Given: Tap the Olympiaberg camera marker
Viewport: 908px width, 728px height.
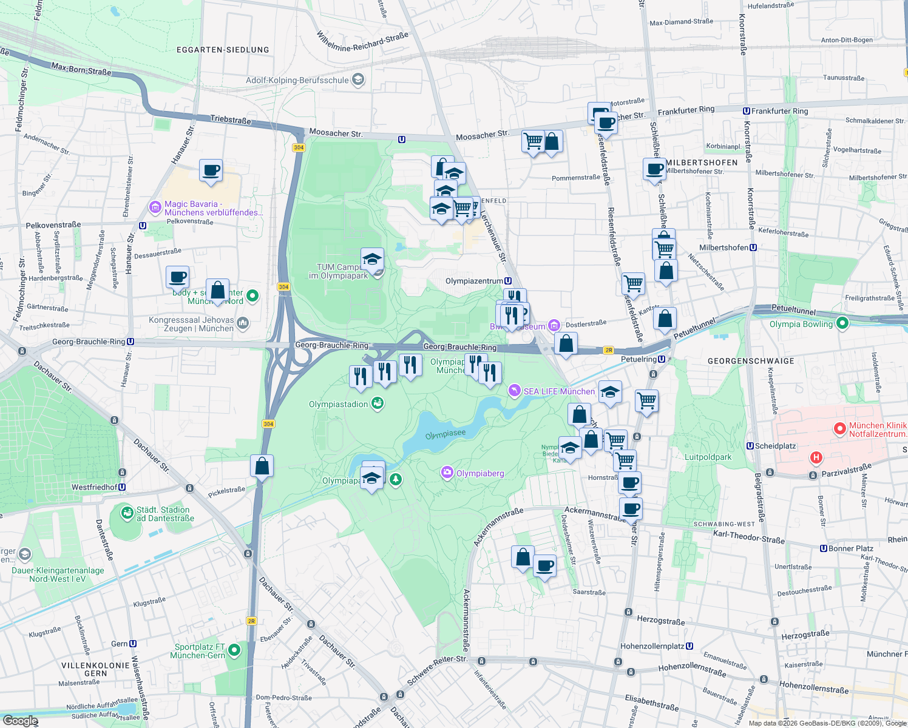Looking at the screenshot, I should pos(447,473).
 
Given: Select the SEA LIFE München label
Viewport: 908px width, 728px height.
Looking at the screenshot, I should pos(559,391).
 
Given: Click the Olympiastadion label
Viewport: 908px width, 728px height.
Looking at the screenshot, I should pos(338,404).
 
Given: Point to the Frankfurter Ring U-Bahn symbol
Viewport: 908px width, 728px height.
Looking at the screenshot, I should pos(747,111).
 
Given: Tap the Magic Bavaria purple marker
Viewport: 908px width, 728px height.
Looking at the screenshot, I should pos(155,208).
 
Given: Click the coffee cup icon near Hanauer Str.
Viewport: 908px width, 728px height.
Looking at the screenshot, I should pos(211,171).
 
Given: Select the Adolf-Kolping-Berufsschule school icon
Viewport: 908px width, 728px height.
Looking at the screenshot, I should pos(358,79).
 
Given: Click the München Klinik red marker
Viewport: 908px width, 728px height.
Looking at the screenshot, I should pos(840,429).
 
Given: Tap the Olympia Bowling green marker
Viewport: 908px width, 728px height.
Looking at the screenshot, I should pos(842,323).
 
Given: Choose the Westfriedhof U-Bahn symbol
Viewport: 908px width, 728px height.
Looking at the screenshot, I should pos(122,487).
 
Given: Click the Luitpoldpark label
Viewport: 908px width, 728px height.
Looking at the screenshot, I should pos(708,457).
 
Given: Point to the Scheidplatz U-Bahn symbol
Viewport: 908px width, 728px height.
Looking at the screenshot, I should pos(750,446).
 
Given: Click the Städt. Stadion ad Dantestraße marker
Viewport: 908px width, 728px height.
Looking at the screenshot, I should pos(127,514).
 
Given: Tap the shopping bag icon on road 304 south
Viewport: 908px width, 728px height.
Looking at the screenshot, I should pos(262,467).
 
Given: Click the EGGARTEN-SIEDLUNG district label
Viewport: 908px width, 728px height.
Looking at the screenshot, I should pos(223,50).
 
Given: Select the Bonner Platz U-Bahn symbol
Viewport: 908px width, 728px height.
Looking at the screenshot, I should pos(824,548).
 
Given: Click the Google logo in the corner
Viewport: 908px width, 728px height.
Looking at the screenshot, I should pos(20,721).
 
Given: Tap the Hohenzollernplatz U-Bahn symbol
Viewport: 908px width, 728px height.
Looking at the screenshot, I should pos(689,646).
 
